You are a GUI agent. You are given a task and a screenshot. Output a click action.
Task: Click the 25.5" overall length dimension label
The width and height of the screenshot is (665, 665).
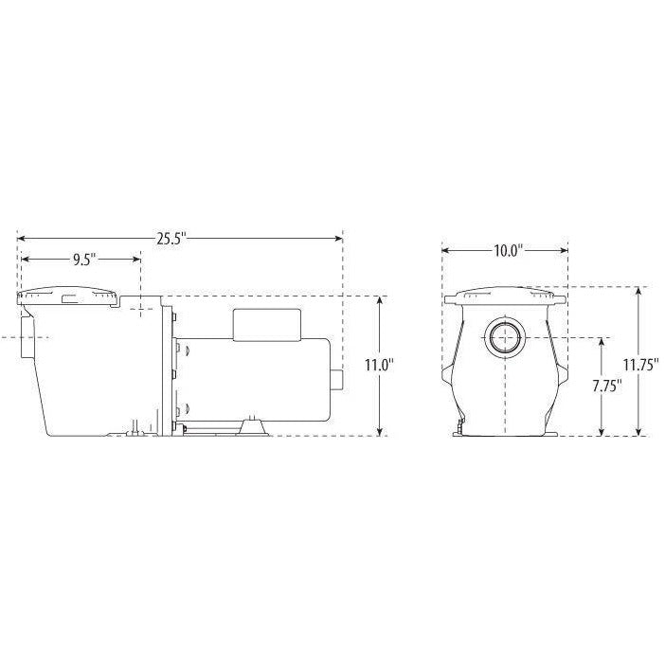click(171, 237)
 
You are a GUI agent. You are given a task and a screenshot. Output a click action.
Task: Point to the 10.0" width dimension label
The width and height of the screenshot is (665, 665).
click(506, 251)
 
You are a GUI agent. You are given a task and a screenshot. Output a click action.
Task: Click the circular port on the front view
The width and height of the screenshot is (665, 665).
click(505, 336)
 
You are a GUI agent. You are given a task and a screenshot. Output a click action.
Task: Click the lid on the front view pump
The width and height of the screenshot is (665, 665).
click(505, 297)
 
